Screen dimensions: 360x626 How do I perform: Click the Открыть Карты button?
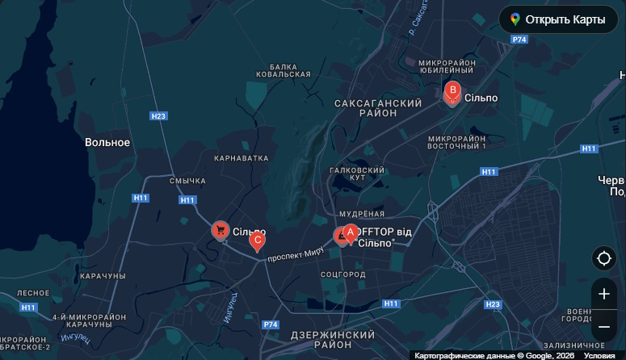[x=557, y=19]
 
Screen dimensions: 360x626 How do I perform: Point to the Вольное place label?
[x=107, y=142]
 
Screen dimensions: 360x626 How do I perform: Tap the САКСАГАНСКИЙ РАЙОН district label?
[x=378, y=108]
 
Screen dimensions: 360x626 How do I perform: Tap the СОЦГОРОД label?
[x=343, y=275]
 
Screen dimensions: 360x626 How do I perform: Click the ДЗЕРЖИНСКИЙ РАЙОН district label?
[x=332, y=339]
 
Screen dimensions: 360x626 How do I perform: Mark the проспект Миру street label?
[x=295, y=254]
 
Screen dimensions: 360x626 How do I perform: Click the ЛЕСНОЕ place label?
[x=33, y=293]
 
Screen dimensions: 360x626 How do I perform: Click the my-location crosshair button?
[x=603, y=259]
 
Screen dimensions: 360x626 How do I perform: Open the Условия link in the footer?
[x=599, y=355]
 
